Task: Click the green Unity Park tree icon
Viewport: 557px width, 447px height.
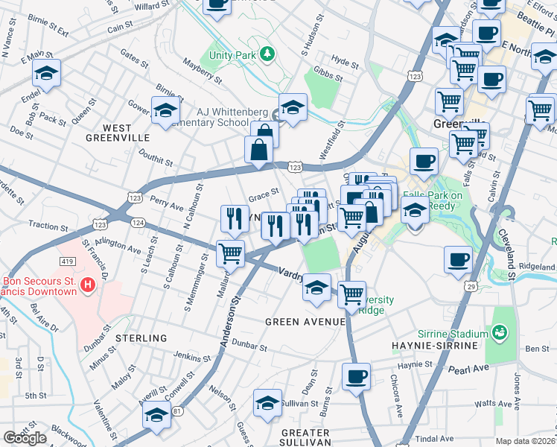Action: (266, 54)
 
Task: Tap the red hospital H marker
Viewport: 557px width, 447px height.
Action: (88, 284)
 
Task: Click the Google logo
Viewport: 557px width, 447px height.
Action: (25, 438)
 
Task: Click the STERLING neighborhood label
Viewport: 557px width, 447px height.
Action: (141, 338)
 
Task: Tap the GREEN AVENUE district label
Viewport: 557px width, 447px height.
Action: (306, 322)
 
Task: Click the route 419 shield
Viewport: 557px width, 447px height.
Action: (67, 261)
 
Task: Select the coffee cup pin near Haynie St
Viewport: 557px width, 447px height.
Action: (356, 376)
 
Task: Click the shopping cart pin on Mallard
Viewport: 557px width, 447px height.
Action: (230, 253)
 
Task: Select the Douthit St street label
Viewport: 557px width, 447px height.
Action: (156, 159)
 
